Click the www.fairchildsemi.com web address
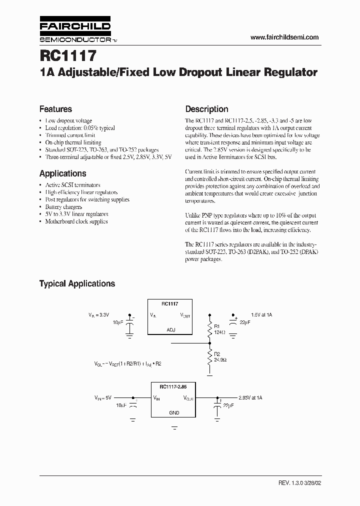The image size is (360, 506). [x=284, y=37]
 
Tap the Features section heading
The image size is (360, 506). [x=55, y=109]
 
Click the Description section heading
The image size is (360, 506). [x=206, y=109]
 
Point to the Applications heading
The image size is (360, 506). [x=62, y=173]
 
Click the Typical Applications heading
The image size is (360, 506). [x=77, y=283]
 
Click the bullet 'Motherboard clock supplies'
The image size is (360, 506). [x=76, y=221]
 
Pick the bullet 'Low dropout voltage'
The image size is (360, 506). [x=68, y=120]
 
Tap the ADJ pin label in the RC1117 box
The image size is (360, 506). [x=170, y=330]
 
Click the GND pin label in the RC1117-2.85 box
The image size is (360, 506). [x=173, y=413]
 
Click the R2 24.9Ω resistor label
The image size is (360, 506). [x=220, y=357]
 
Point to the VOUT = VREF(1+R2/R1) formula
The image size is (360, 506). [x=127, y=364]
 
